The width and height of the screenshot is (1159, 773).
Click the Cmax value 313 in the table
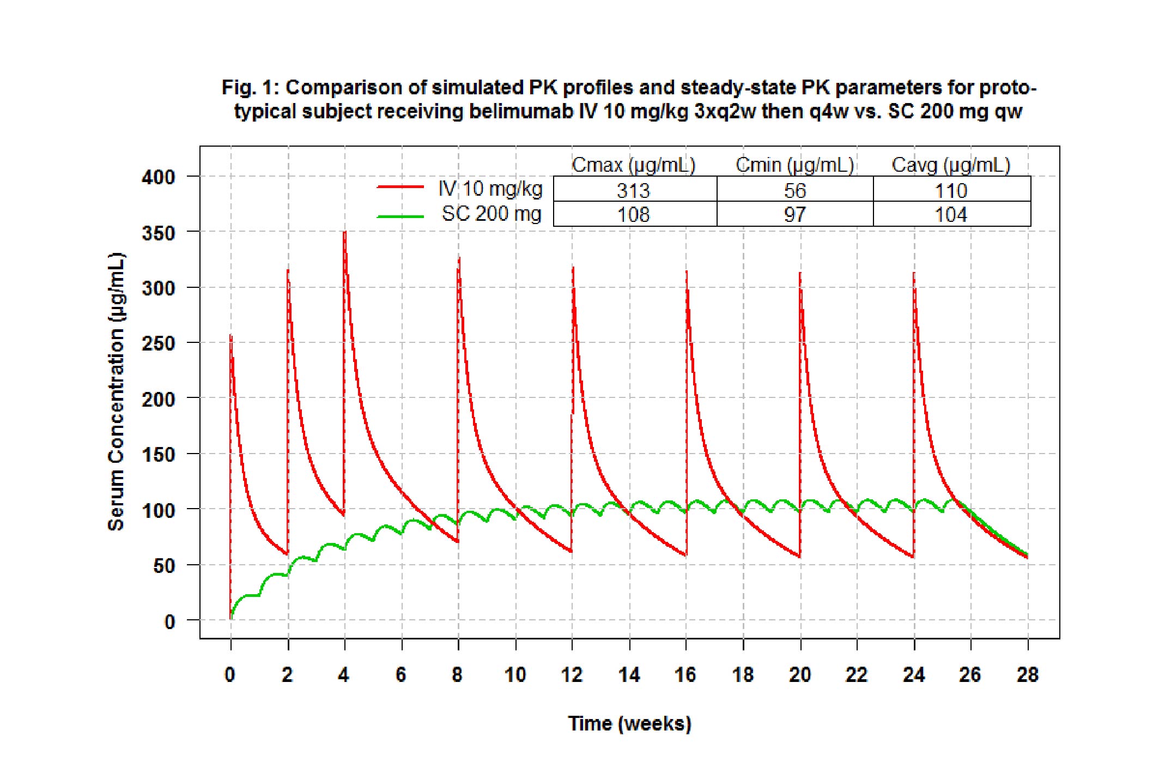tap(633, 190)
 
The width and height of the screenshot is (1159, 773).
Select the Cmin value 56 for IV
tap(794, 190)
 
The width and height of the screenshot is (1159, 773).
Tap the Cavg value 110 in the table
tap(951, 190)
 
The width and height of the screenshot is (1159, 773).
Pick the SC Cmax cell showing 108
tap(633, 214)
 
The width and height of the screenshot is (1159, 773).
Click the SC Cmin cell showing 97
tap(794, 214)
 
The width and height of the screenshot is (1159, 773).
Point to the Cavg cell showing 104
tap(951, 214)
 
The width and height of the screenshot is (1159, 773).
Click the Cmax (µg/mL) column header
tap(633, 165)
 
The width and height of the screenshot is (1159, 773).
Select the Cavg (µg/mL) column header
tap(951, 165)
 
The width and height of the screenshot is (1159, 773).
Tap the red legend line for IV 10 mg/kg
tap(400, 187)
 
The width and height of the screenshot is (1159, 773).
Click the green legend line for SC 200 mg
tap(400, 216)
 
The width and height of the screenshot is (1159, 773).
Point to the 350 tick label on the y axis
tap(158, 233)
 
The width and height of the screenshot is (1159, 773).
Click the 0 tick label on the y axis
tap(169, 621)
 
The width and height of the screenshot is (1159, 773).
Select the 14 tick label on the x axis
tap(629, 675)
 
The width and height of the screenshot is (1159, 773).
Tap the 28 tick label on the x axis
tap(1028, 675)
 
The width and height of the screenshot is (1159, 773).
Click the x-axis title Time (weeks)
tap(629, 723)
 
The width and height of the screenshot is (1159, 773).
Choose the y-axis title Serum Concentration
tap(116, 391)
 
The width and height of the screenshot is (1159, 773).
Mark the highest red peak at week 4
tap(344, 233)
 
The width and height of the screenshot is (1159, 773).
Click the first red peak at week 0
tap(231, 337)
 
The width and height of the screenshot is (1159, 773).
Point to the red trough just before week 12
tap(571, 551)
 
